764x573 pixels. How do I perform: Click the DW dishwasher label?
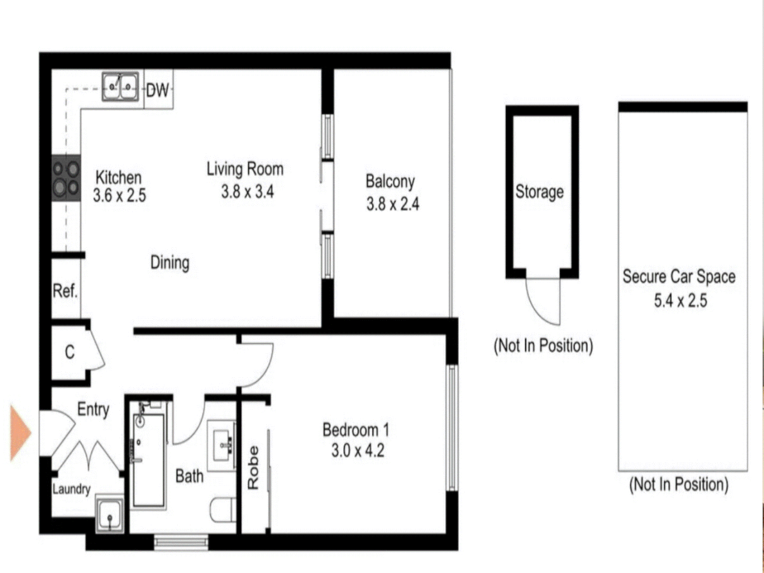pos(158,90)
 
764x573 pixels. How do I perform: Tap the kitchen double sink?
pos(120,86)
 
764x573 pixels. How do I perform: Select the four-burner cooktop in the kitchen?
pos(66,178)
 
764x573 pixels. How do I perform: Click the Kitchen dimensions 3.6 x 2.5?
pos(119,196)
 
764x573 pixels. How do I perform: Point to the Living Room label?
pos(245,169)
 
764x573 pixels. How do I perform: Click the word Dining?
pos(170,263)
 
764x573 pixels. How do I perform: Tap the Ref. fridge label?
pos(65,291)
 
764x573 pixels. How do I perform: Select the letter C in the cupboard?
pos(70,352)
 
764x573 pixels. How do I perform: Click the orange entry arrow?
pos(20,432)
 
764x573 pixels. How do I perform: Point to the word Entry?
pos(93,410)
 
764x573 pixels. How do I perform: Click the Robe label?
pos(253,467)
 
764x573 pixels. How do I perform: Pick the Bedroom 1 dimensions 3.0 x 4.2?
pos(358,451)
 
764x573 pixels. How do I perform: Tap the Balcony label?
pos(390,181)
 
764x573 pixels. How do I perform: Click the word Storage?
pos(540,192)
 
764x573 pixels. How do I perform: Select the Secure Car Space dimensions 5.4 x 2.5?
pos(680,301)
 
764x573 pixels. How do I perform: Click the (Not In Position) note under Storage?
pos(543,346)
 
